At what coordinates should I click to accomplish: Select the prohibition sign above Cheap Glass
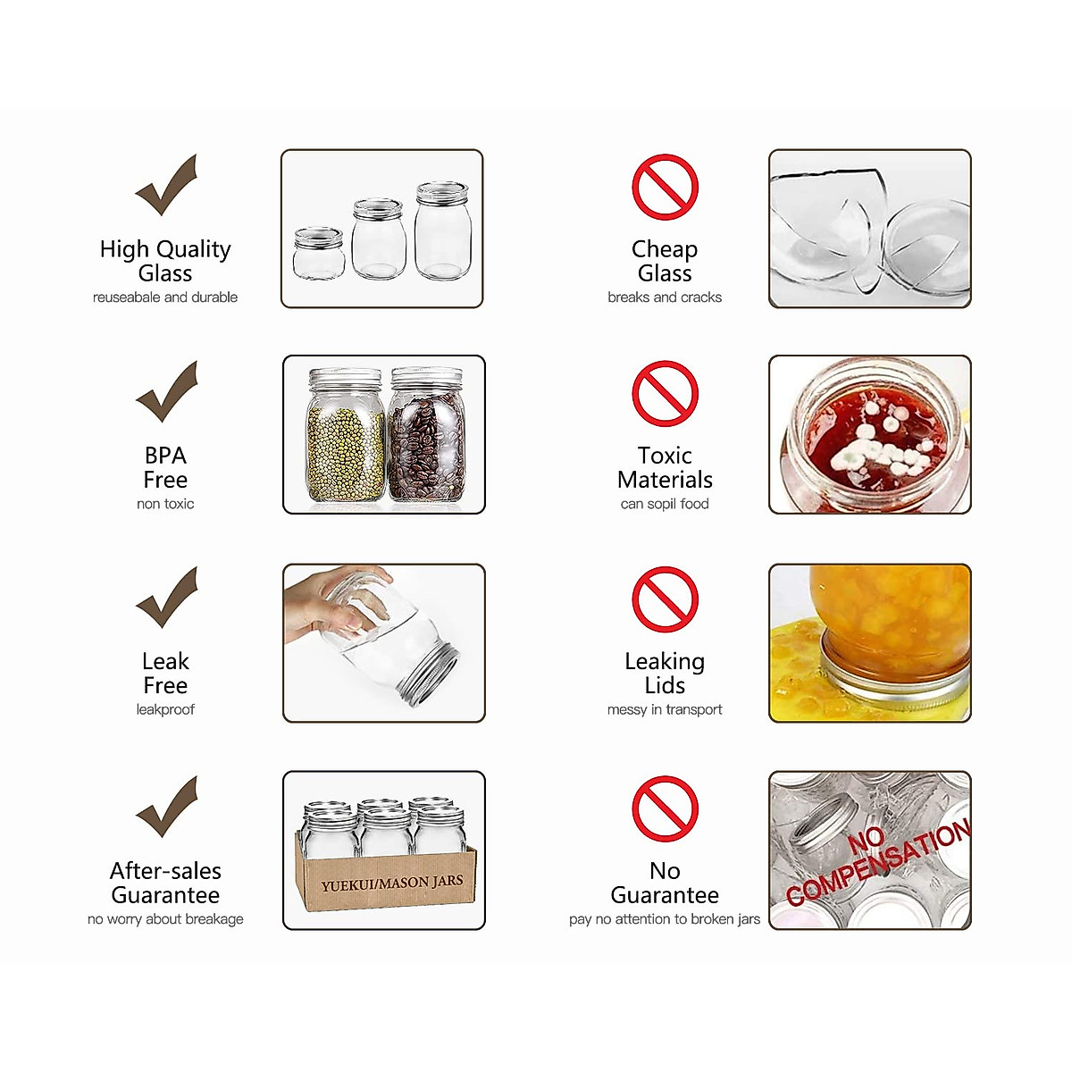(x=665, y=187)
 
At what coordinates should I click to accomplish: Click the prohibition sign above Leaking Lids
(x=665, y=599)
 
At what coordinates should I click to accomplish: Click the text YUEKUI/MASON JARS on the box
(x=392, y=883)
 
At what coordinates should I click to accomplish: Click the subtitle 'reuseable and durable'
(x=165, y=297)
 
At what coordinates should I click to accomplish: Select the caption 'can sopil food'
(x=665, y=504)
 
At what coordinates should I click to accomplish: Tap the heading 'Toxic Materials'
(x=665, y=468)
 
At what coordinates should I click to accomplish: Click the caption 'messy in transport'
(x=665, y=709)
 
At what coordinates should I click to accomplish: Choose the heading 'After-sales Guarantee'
(x=165, y=883)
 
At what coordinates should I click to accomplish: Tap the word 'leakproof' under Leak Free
(x=165, y=709)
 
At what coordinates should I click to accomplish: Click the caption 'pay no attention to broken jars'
(x=665, y=919)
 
